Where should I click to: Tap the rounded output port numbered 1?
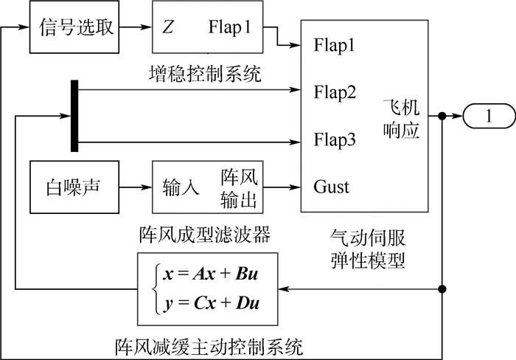coord(487,116)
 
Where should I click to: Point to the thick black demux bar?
coord(74,116)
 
